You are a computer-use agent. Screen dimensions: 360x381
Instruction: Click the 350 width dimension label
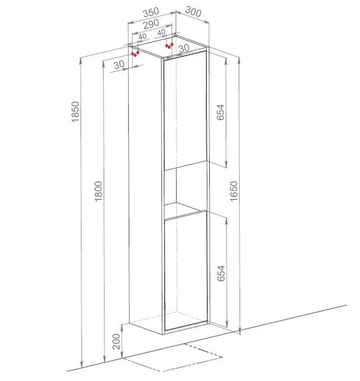[x=151, y=12]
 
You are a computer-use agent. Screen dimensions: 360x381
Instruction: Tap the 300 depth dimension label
[x=193, y=11]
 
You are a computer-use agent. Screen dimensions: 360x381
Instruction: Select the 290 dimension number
[x=151, y=24]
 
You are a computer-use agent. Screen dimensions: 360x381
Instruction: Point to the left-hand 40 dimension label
[x=143, y=36]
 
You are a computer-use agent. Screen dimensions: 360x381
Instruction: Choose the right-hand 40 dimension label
[x=162, y=32]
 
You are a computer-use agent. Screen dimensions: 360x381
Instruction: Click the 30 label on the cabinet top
[x=184, y=48]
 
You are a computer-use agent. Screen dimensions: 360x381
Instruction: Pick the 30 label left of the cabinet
[x=119, y=64]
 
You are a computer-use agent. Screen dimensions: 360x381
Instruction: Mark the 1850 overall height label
[x=76, y=112]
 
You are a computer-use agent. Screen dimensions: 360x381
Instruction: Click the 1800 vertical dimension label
[x=99, y=191]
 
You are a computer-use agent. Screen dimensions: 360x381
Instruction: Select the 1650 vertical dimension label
[x=233, y=191]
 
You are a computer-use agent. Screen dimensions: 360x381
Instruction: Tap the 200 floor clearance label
[x=117, y=342]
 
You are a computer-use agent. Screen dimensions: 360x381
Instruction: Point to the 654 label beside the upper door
[x=221, y=112]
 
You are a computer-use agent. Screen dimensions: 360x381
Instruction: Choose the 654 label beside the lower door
[x=221, y=273]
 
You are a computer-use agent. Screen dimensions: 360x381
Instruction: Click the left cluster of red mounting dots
[x=135, y=54]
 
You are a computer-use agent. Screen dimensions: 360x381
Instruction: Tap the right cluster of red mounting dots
[x=169, y=46]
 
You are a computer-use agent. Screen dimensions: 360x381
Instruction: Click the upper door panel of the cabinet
[x=185, y=110]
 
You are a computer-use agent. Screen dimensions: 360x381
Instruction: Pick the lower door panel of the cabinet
[x=186, y=271]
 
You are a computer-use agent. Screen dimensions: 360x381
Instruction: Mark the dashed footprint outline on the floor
[x=172, y=357]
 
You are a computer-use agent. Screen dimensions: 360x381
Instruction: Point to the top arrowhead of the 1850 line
[x=81, y=60]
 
